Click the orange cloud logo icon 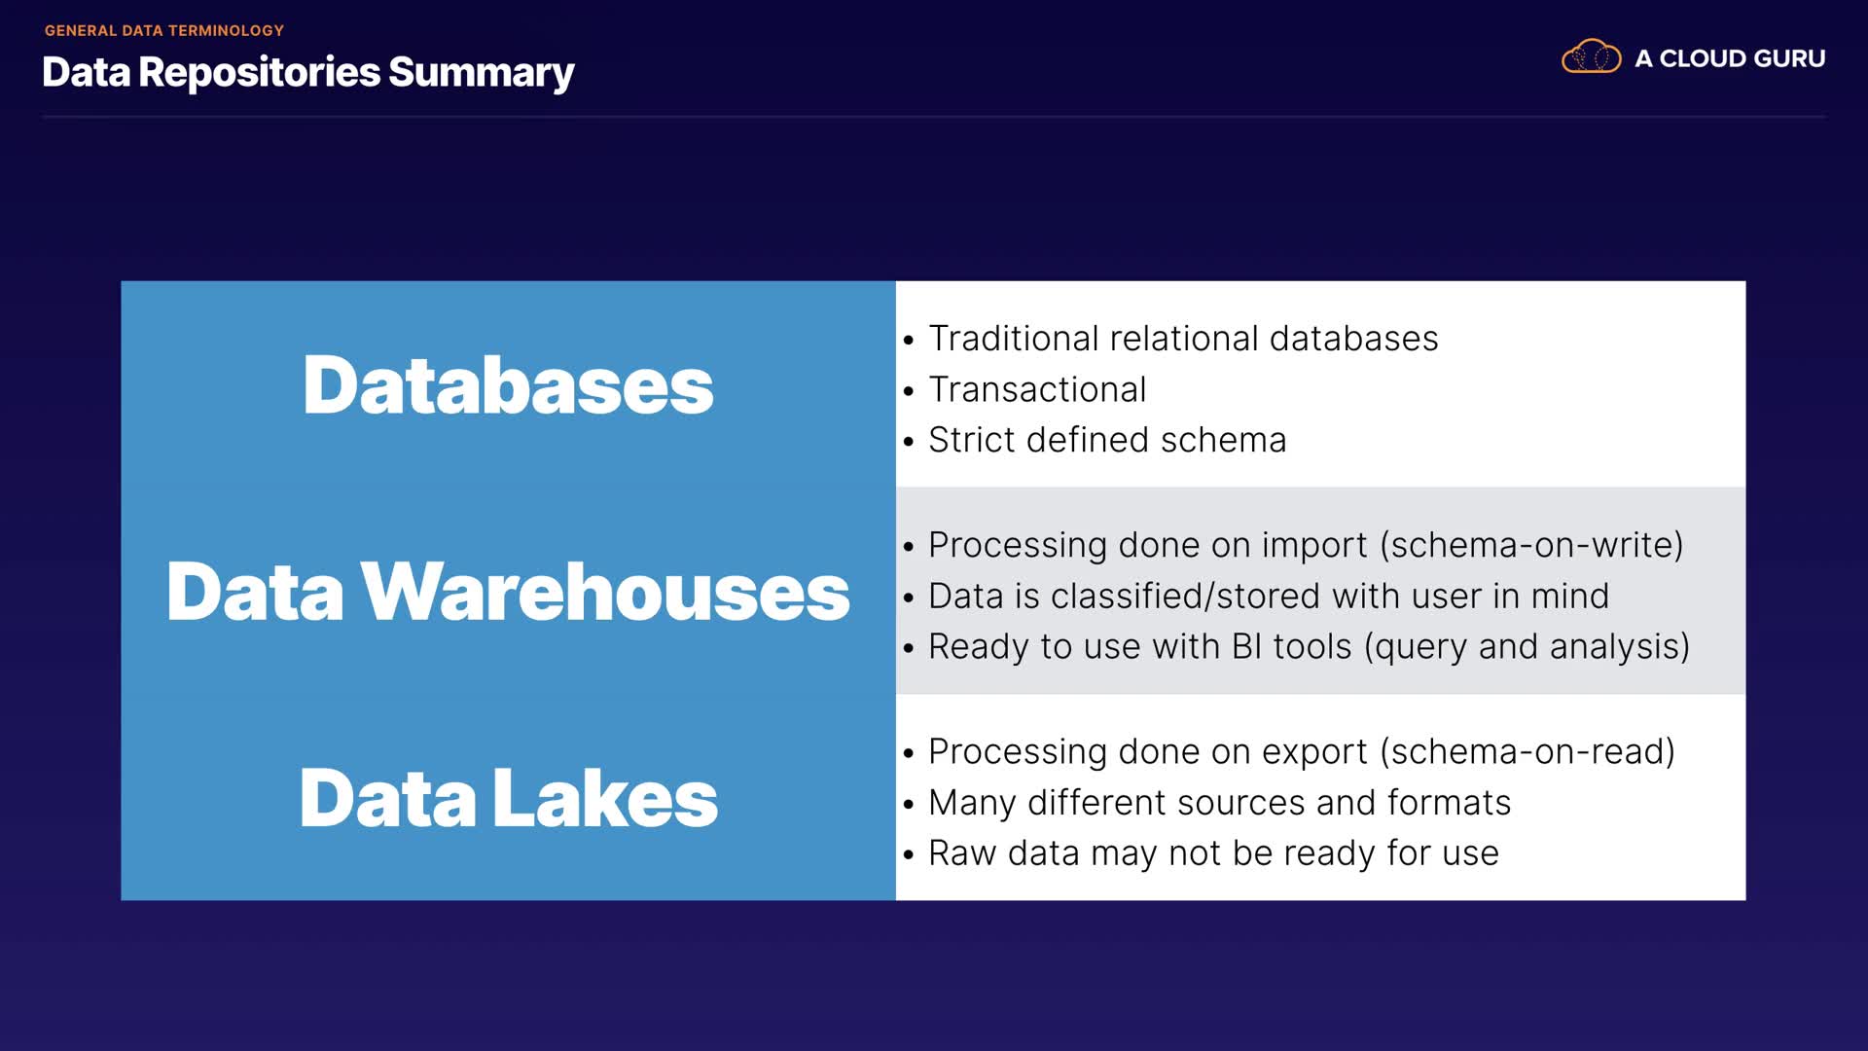coord(1591,57)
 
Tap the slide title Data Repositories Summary coord(308,72)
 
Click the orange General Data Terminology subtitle coord(164,30)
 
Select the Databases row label coord(508,384)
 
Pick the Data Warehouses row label coord(508,591)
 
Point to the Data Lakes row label coord(508,797)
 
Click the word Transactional coord(1037,389)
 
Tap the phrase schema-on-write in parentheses coord(1531,545)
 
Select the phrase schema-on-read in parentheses coord(1527,751)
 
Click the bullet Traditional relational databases coord(1183,339)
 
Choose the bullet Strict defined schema coord(1107,440)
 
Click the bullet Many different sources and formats coord(1219,802)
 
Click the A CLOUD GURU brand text coord(1730,58)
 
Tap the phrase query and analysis coord(1527,646)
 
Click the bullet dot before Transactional coord(909,391)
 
